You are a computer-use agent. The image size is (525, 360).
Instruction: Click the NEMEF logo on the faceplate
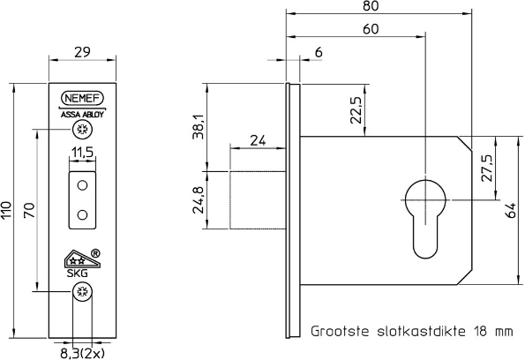point(82,100)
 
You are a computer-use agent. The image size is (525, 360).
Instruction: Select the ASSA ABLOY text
point(82,114)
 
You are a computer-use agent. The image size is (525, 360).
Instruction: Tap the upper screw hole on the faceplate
point(82,131)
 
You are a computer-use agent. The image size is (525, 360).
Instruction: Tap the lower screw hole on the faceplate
point(82,292)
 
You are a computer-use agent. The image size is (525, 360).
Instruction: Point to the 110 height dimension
point(8,210)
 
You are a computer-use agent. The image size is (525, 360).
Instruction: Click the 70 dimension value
point(28,210)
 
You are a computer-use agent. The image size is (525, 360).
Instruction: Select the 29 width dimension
point(82,53)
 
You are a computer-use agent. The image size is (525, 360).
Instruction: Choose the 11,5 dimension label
point(82,154)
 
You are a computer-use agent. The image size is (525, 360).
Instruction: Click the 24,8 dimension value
point(199,200)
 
